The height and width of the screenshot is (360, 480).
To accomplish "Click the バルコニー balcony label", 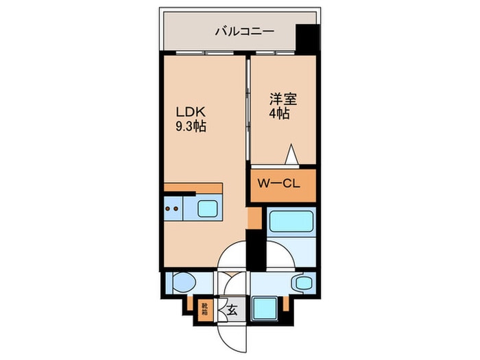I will (244, 31).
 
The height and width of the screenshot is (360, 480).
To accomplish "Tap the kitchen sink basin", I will (208, 208).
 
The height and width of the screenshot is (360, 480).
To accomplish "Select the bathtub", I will (291, 221).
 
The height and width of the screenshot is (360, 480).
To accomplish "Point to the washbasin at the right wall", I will (302, 282).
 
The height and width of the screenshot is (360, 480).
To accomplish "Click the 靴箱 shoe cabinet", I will (205, 310).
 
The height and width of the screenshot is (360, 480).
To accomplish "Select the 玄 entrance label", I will (232, 310).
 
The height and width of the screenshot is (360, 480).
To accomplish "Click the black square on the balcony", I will (307, 37).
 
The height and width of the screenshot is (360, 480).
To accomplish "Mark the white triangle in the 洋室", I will (291, 156).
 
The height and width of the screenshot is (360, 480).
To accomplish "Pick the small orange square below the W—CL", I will (254, 218).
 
